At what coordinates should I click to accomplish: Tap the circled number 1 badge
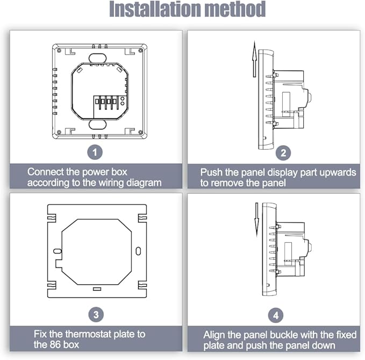pos(95,153)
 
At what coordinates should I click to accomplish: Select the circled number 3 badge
pos(95,314)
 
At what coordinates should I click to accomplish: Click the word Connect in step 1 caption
pos(45,172)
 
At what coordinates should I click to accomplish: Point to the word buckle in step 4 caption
pos(282,334)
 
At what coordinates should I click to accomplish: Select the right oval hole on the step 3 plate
pos(139,251)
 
